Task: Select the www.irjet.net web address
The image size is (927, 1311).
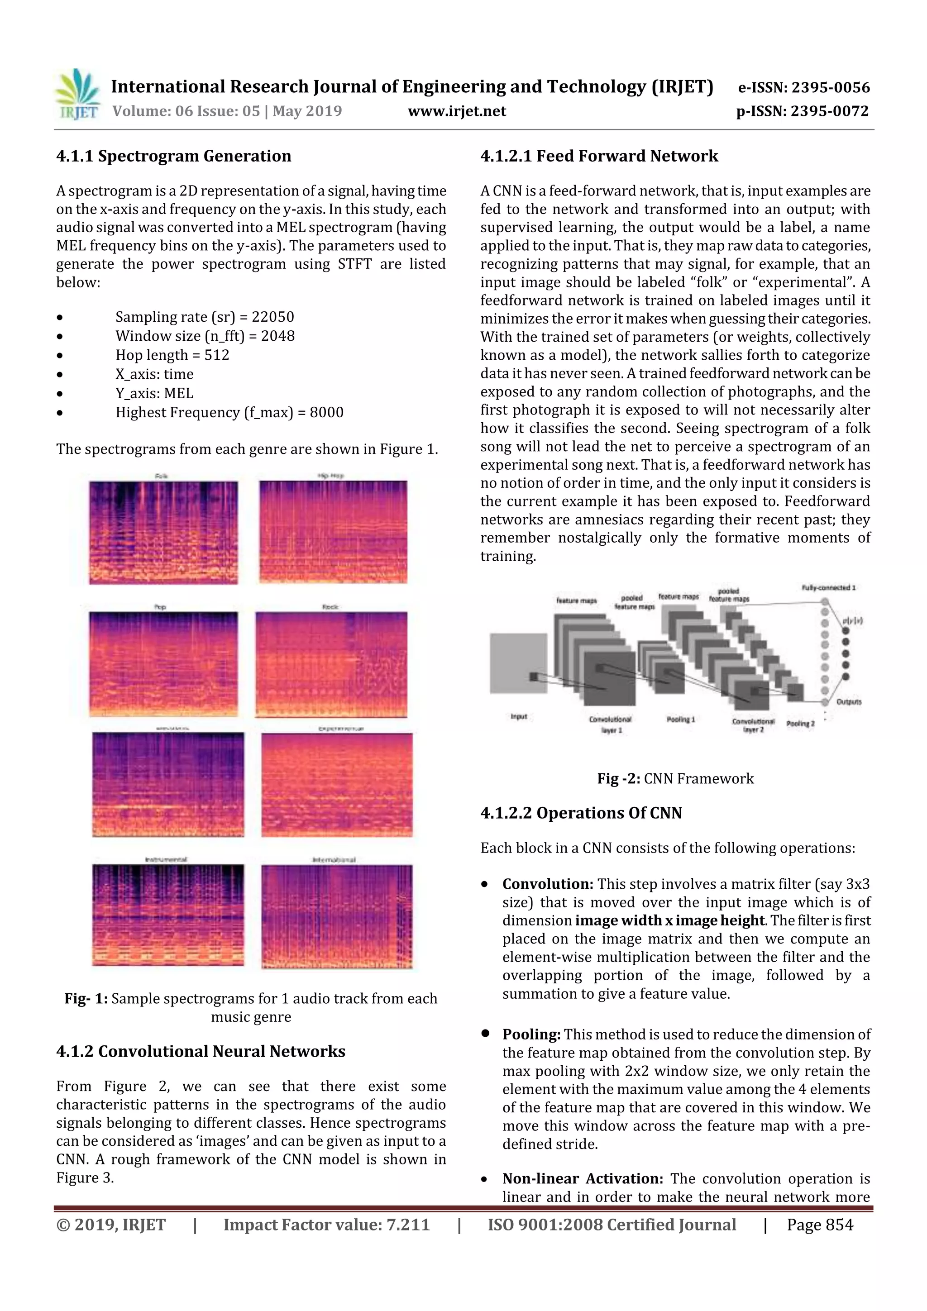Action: pos(456,111)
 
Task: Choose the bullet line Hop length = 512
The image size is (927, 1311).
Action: pos(172,355)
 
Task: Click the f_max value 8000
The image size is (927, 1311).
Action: pos(326,412)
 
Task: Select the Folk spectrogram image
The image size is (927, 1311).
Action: pos(163,532)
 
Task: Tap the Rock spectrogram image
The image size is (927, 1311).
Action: pos(331,664)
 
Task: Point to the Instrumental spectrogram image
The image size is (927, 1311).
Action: pos(168,915)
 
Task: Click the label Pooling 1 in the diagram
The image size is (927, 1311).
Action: pos(680,720)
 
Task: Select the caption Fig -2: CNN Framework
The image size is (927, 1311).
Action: pos(675,779)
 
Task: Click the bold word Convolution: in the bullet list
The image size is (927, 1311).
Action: pos(548,884)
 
